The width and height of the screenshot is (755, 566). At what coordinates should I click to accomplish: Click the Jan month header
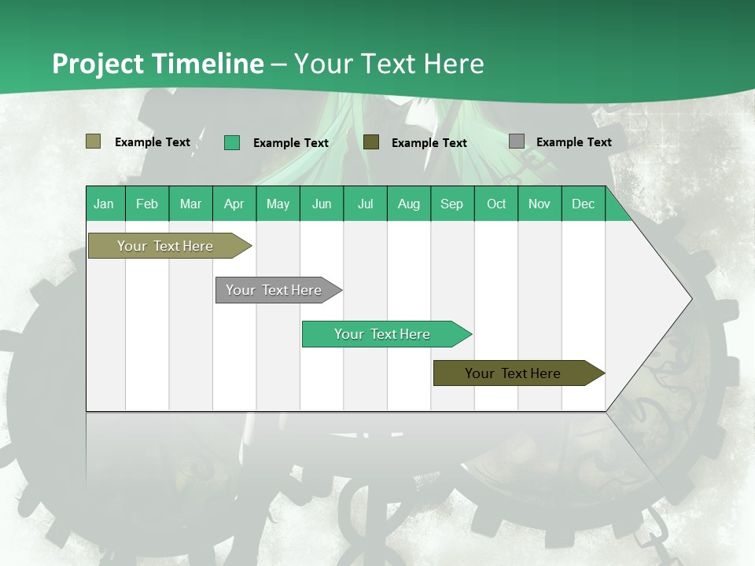click(105, 204)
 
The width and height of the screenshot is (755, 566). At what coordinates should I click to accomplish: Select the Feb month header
click(147, 204)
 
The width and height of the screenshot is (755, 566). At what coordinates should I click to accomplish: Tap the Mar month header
click(190, 204)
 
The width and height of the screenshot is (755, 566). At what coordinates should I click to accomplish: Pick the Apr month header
click(234, 204)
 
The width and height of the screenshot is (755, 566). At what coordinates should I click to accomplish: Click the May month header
click(278, 204)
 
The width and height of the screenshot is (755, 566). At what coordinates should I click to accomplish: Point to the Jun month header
click(322, 204)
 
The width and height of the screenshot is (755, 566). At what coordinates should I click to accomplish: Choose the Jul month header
click(365, 204)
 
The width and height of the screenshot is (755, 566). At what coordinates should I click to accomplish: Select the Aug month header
click(409, 204)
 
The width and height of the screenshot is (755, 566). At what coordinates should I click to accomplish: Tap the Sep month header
click(452, 204)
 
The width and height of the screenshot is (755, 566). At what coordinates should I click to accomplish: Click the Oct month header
click(496, 204)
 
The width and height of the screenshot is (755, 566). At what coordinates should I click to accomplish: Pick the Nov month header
click(540, 204)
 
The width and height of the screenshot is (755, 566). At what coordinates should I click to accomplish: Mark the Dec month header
click(584, 204)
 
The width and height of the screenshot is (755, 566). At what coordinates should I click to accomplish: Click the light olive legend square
click(94, 141)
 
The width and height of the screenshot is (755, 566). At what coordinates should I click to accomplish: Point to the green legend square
click(232, 142)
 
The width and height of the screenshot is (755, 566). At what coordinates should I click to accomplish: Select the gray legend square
click(517, 141)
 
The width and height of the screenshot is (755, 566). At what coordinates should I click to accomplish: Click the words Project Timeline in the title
click(158, 64)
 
